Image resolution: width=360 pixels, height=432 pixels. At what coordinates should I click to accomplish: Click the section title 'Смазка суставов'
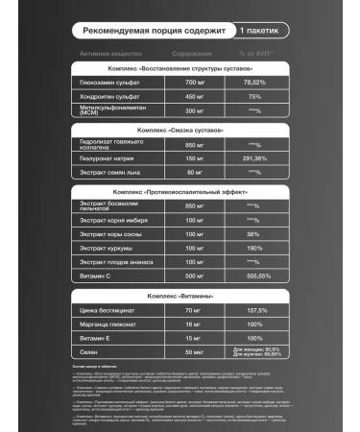coord(179,128)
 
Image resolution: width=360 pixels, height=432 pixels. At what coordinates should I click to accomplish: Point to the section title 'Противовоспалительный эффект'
coord(180,192)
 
